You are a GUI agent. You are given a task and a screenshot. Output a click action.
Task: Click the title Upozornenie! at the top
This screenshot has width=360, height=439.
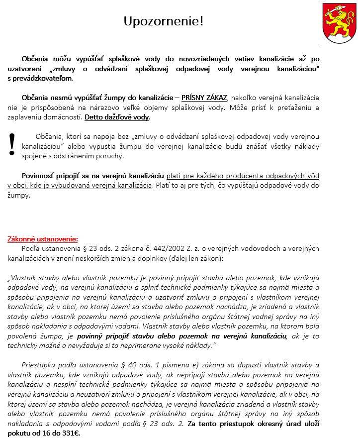(x=163, y=21)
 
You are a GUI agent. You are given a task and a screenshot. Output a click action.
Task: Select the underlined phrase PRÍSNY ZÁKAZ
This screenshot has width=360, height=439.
(x=204, y=97)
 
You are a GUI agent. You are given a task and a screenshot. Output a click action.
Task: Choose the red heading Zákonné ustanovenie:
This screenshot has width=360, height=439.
(x=43, y=238)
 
